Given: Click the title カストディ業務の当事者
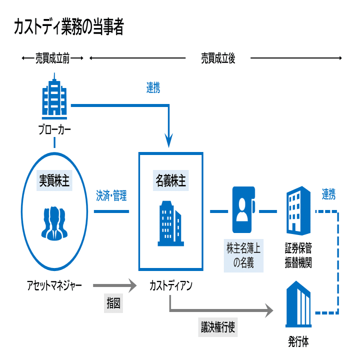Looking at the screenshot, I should tap(69, 27).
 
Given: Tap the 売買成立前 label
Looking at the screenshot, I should tap(52, 58).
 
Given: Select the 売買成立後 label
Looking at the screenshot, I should tap(218, 58).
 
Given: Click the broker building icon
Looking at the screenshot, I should tap(54, 97).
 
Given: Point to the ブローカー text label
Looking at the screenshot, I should tap(54, 131).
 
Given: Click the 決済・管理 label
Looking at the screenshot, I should tap(111, 195).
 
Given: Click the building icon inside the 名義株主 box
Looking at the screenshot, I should tap(170, 224).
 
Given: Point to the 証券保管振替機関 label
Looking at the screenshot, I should tap(299, 255).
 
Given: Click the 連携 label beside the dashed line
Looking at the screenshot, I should tap(329, 194).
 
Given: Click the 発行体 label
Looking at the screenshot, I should tap(298, 342).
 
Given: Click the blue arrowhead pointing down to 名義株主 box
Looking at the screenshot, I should tap(170, 142).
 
